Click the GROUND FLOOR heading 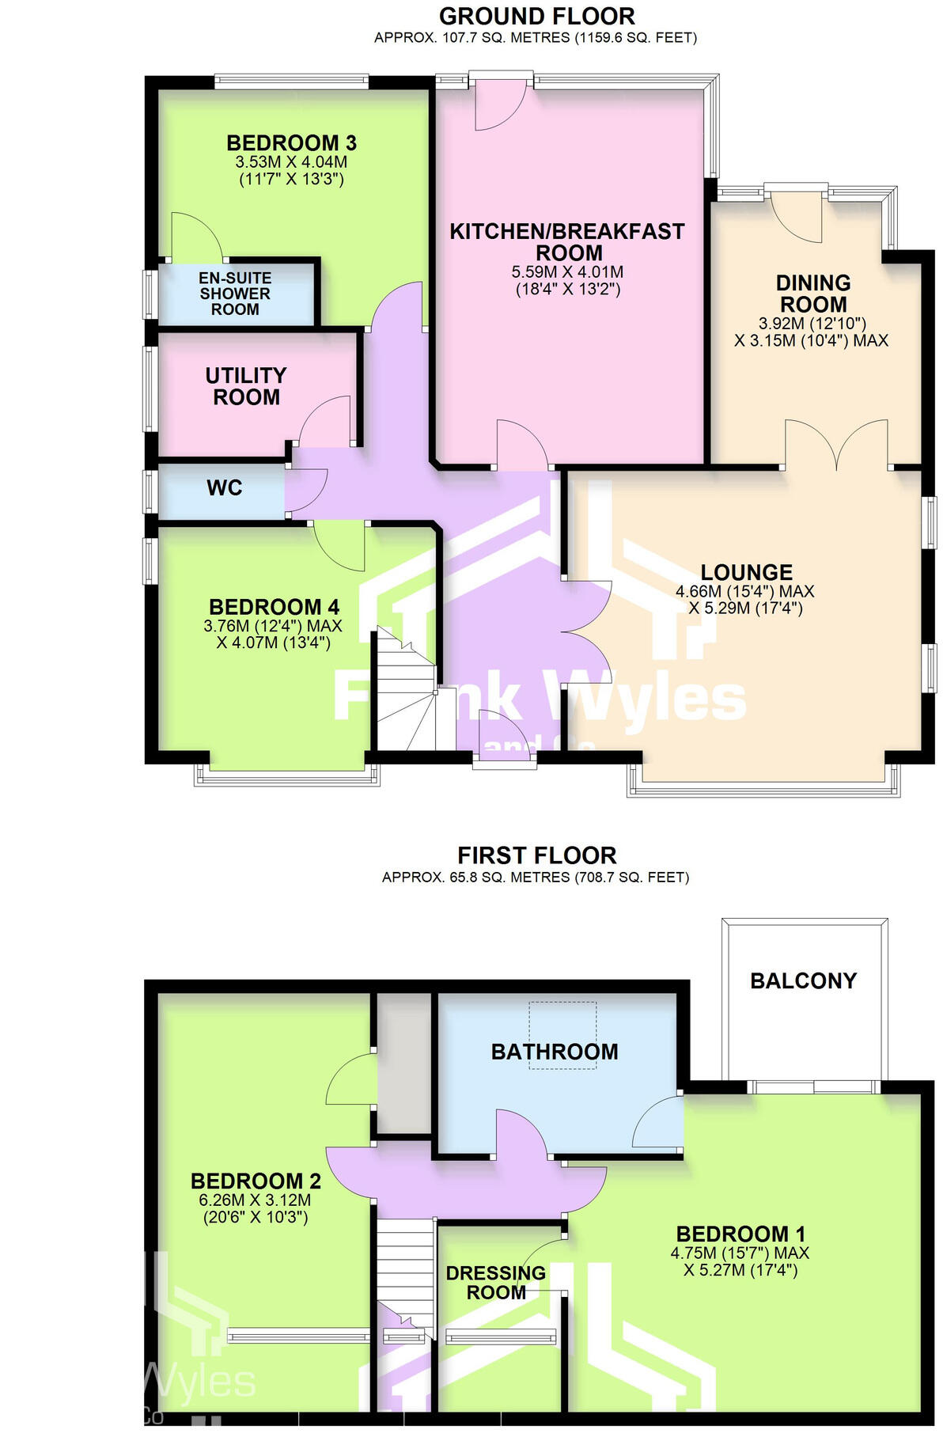pyautogui.click(x=536, y=16)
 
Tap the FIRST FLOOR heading pyautogui.click(x=536, y=855)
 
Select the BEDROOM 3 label pyautogui.click(x=291, y=143)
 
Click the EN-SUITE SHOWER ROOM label pyautogui.click(x=235, y=294)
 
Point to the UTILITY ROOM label pyautogui.click(x=246, y=386)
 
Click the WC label pyautogui.click(x=224, y=488)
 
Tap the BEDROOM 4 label pyautogui.click(x=274, y=607)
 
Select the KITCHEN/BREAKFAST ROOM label pyautogui.click(x=567, y=242)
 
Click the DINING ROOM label pyautogui.click(x=812, y=294)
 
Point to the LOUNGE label pyautogui.click(x=746, y=572)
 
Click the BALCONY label pyautogui.click(x=803, y=981)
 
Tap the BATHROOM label pyautogui.click(x=555, y=1052)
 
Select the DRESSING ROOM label pyautogui.click(x=496, y=1283)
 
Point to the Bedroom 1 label pyautogui.click(x=740, y=1234)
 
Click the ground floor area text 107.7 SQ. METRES pyautogui.click(x=453, y=37)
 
